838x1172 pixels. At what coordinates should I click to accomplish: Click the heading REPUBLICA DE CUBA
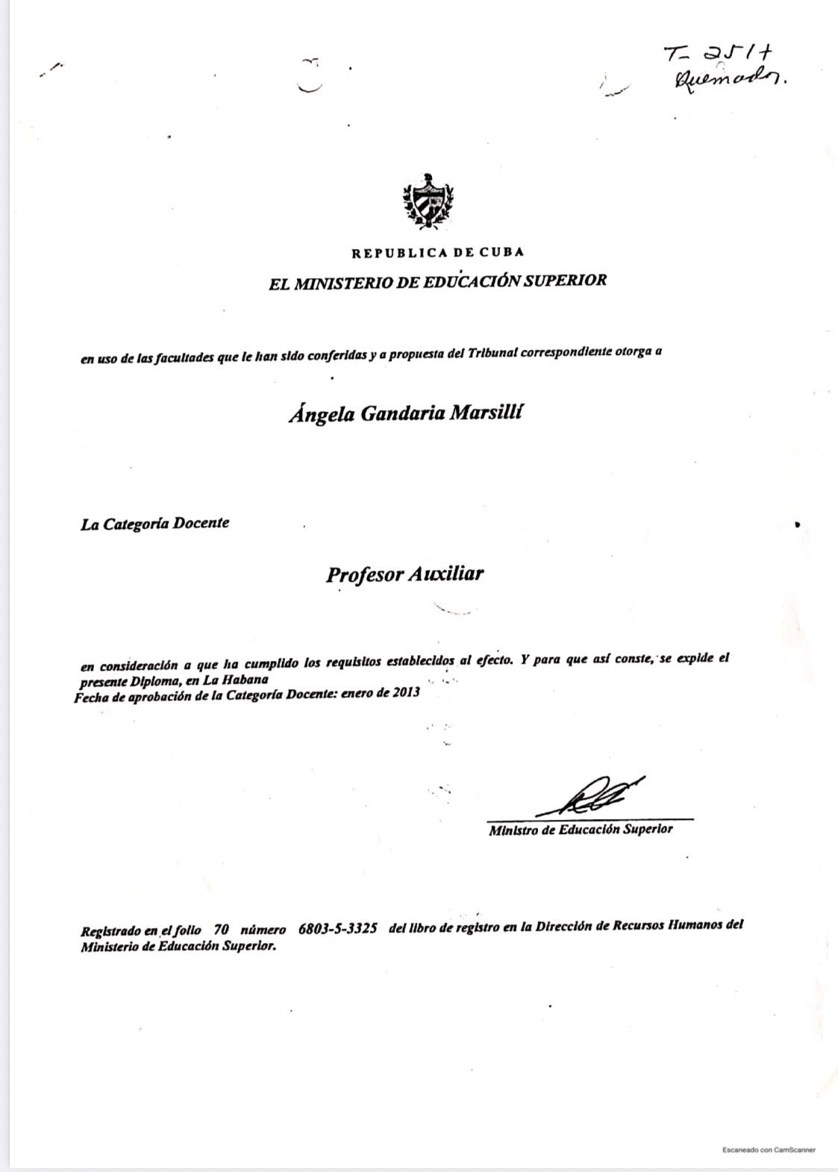point(438,253)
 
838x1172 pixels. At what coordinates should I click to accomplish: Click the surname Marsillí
point(484,413)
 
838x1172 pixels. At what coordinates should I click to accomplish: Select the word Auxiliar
point(446,574)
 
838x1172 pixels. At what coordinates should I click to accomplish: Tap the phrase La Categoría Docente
point(155,523)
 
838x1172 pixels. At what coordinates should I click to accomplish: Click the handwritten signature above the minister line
point(590,797)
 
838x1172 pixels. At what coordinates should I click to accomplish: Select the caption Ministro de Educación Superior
point(581,829)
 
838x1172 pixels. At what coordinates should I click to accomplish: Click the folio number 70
point(221,930)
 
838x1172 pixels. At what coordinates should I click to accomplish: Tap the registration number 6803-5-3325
point(337,929)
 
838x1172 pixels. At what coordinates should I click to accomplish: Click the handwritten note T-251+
point(710,54)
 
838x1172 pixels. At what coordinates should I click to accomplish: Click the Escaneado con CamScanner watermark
point(769,1150)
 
